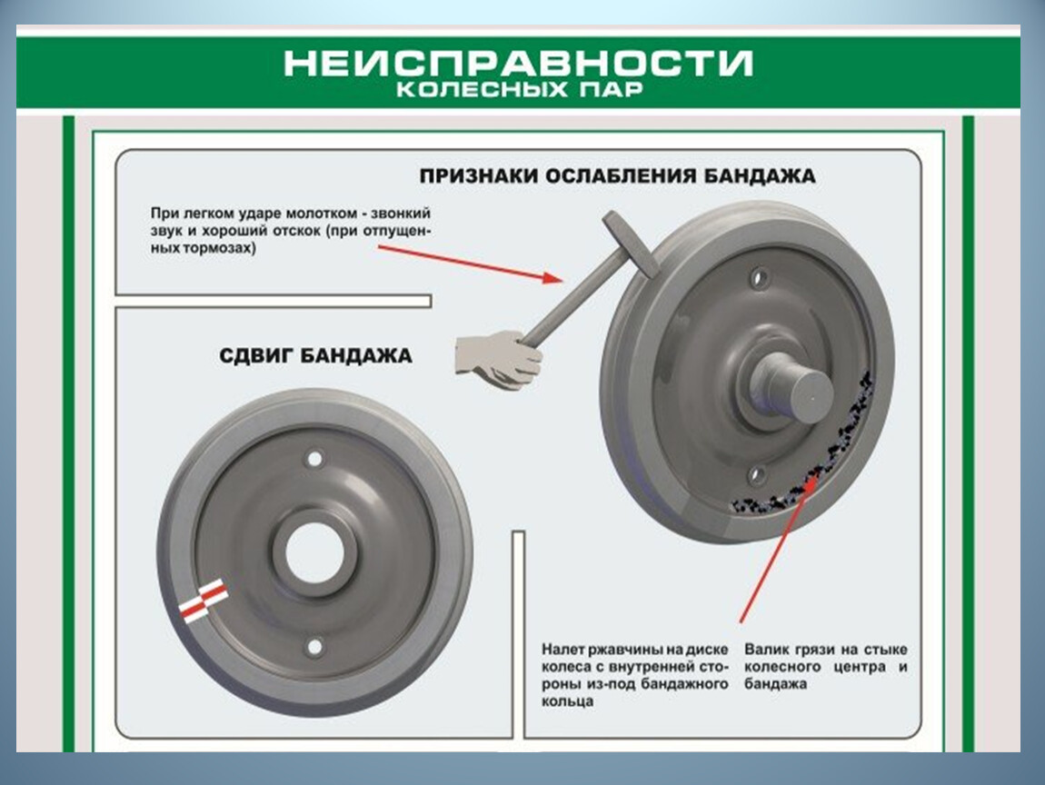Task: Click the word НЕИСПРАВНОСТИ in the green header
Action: coord(519,64)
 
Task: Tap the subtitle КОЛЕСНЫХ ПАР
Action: coord(520,89)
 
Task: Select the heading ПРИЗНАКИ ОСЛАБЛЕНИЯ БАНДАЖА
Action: coord(618,176)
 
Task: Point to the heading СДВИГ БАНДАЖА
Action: coord(315,355)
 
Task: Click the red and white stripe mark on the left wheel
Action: coord(204,599)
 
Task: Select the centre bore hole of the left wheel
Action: coord(314,552)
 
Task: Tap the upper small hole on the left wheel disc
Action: coord(314,459)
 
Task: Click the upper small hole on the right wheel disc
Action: coord(758,277)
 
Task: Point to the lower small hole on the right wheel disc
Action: coord(755,475)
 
